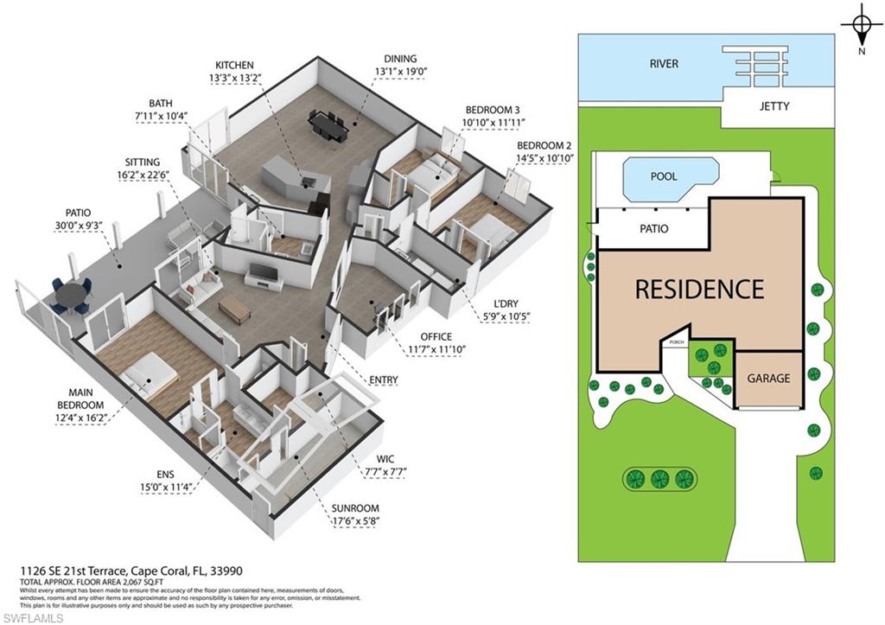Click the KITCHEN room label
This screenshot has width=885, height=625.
234,65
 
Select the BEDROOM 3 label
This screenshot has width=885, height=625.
493,110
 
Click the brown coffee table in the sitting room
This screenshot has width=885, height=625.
234,307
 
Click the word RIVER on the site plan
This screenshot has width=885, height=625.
664,64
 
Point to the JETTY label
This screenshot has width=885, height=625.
774,107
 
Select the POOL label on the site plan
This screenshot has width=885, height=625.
663,176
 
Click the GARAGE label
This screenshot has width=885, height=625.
768,379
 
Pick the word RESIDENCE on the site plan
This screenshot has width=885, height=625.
699,289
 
